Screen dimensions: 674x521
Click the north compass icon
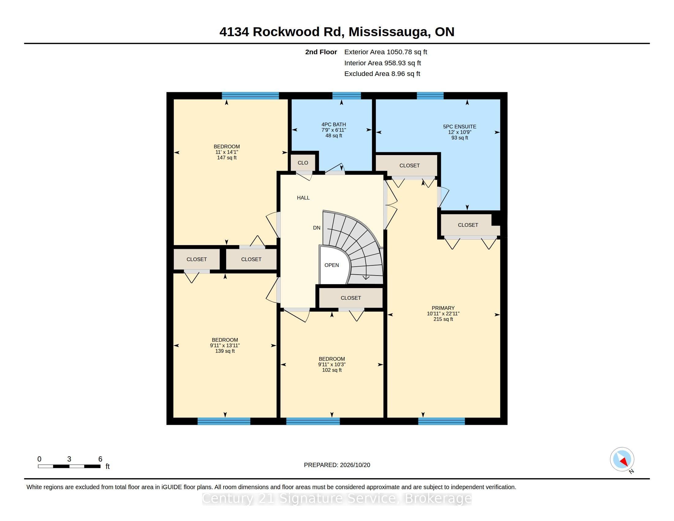click(x=622, y=459)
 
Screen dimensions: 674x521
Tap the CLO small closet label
click(x=303, y=163)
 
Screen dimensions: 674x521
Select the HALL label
click(x=303, y=198)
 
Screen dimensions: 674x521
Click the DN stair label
click(x=317, y=228)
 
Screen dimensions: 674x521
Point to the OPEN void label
click(x=331, y=265)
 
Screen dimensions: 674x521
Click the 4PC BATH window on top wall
click(x=346, y=96)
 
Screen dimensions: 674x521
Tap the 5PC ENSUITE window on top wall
click(x=430, y=96)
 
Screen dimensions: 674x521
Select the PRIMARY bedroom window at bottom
click(x=441, y=421)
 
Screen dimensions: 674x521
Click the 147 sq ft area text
click(x=227, y=158)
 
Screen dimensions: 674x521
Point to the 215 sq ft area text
click(x=443, y=319)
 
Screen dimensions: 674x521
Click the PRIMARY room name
click(x=443, y=308)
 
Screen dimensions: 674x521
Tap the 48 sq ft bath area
click(x=334, y=135)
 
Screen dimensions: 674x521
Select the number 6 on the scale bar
click(x=100, y=459)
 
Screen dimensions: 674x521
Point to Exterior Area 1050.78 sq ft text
click(x=386, y=52)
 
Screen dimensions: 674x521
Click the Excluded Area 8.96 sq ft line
click(x=382, y=74)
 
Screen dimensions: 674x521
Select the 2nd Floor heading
click(x=321, y=52)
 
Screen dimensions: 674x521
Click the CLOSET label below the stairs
click(x=350, y=298)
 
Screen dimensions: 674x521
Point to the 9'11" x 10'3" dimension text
click(x=332, y=364)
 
